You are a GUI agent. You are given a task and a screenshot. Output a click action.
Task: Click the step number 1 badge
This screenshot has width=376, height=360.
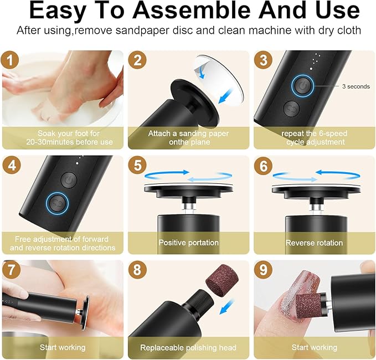click(x=12, y=60)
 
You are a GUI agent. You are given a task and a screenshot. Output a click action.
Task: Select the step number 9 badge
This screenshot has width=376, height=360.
click(x=264, y=270)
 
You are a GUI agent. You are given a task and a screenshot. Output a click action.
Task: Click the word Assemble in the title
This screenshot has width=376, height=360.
click(x=196, y=11)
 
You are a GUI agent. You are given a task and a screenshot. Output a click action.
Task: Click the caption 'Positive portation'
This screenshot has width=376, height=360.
click(x=188, y=243)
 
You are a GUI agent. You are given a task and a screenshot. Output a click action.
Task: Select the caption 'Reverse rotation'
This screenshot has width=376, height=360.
click(x=313, y=243)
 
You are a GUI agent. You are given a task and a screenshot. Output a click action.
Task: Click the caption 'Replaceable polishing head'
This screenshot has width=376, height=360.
click(x=188, y=347)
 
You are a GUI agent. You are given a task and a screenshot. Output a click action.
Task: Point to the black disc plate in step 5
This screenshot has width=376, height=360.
click(x=188, y=190)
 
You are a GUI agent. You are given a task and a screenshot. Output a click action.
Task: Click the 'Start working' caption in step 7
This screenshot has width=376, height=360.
click(x=63, y=347)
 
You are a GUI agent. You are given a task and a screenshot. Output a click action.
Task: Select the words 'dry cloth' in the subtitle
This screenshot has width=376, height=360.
click(x=340, y=30)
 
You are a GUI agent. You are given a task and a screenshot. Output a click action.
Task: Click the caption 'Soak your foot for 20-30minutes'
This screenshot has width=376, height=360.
click(x=63, y=137)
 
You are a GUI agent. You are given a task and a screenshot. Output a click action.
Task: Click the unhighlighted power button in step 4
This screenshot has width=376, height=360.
click(x=68, y=179)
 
